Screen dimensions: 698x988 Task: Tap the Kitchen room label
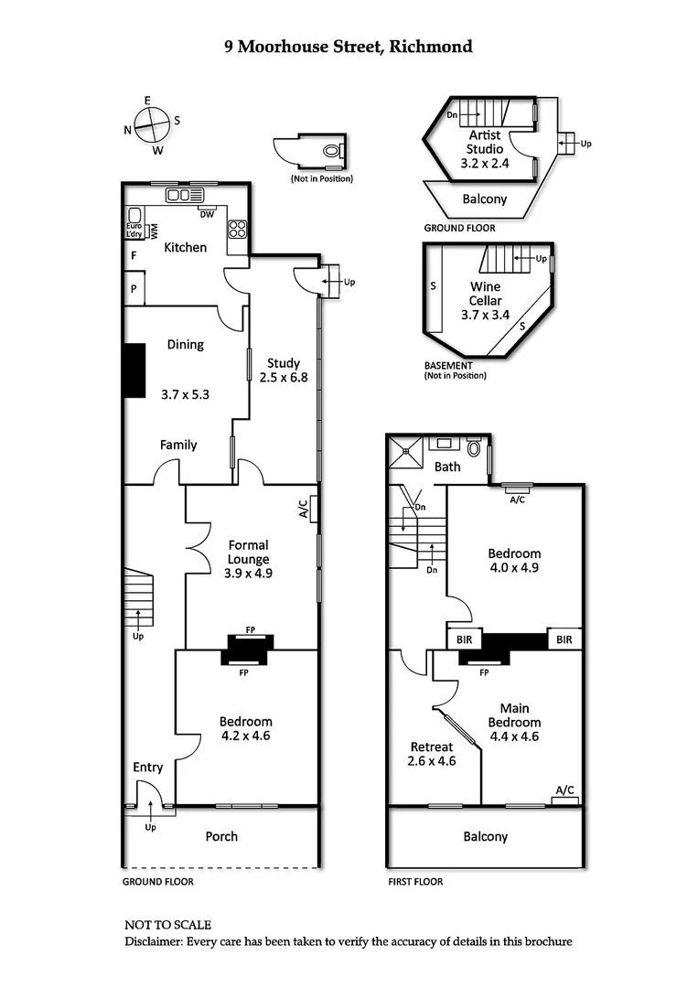tap(185, 247)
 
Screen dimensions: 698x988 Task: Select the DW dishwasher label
tap(207, 215)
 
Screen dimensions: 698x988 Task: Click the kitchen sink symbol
tap(183, 195)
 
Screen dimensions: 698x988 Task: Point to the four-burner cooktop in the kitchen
tap(237, 226)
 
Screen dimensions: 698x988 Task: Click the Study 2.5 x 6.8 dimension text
tap(284, 377)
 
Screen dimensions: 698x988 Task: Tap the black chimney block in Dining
tap(135, 370)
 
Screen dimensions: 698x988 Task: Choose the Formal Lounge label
tap(249, 553)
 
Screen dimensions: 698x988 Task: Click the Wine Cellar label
tap(485, 293)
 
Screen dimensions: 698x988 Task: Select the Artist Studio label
tap(485, 142)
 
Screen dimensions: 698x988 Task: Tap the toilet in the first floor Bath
tap(474, 448)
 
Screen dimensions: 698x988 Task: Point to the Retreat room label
tap(432, 746)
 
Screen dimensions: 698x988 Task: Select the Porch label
tap(221, 836)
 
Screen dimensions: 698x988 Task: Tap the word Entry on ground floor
tap(148, 768)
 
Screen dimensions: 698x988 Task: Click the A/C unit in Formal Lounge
tap(313, 506)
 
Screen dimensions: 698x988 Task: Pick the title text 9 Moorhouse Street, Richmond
tap(349, 46)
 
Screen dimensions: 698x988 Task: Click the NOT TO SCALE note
tap(167, 926)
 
